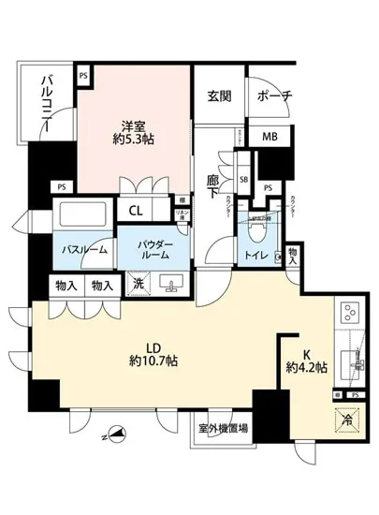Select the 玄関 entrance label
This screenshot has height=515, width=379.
click(x=219, y=96)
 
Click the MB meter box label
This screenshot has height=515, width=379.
click(x=269, y=138)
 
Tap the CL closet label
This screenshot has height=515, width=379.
click(x=135, y=211)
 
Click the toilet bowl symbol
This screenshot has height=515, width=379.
click(x=255, y=225)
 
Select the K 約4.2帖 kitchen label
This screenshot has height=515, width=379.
click(x=305, y=360)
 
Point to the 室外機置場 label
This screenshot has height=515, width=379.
click(x=224, y=429)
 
